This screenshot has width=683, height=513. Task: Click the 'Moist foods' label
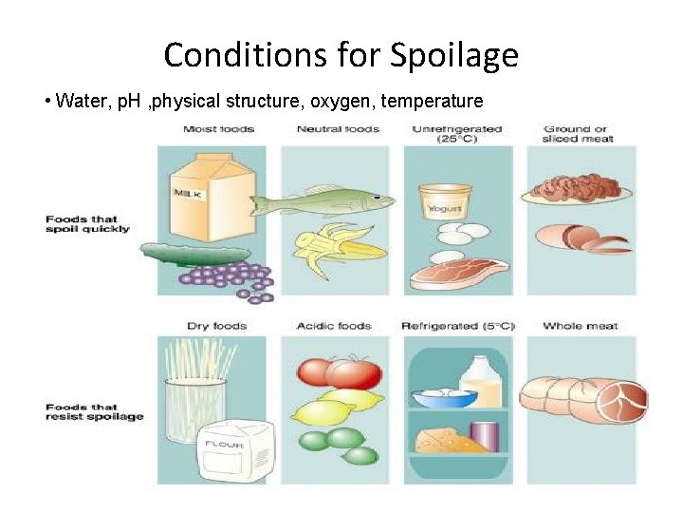pos(219,129)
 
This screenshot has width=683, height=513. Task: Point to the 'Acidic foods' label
pos(334,326)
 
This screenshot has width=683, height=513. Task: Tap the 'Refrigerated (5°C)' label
pos(458,326)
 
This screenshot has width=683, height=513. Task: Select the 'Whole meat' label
pos(580,326)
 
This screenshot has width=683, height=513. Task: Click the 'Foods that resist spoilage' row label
pos(94,411)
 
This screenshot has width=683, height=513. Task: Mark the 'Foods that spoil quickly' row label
pos(87,224)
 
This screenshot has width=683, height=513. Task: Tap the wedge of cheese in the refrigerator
pos(442,439)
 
